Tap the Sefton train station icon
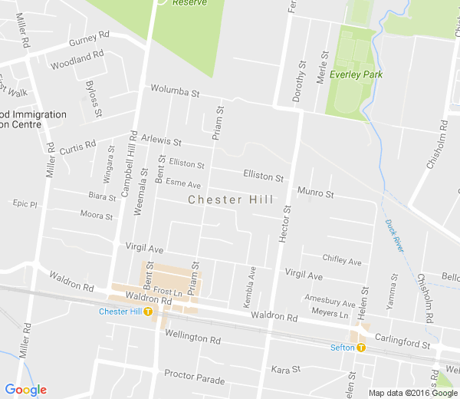click(x=361, y=348)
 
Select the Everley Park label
click(x=356, y=74)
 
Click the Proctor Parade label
click(x=194, y=379)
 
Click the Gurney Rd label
click(x=89, y=38)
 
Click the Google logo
click(x=25, y=391)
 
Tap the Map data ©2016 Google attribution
click(x=412, y=393)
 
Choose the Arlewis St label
click(x=161, y=141)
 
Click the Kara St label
click(x=286, y=370)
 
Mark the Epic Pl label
click(x=25, y=203)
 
